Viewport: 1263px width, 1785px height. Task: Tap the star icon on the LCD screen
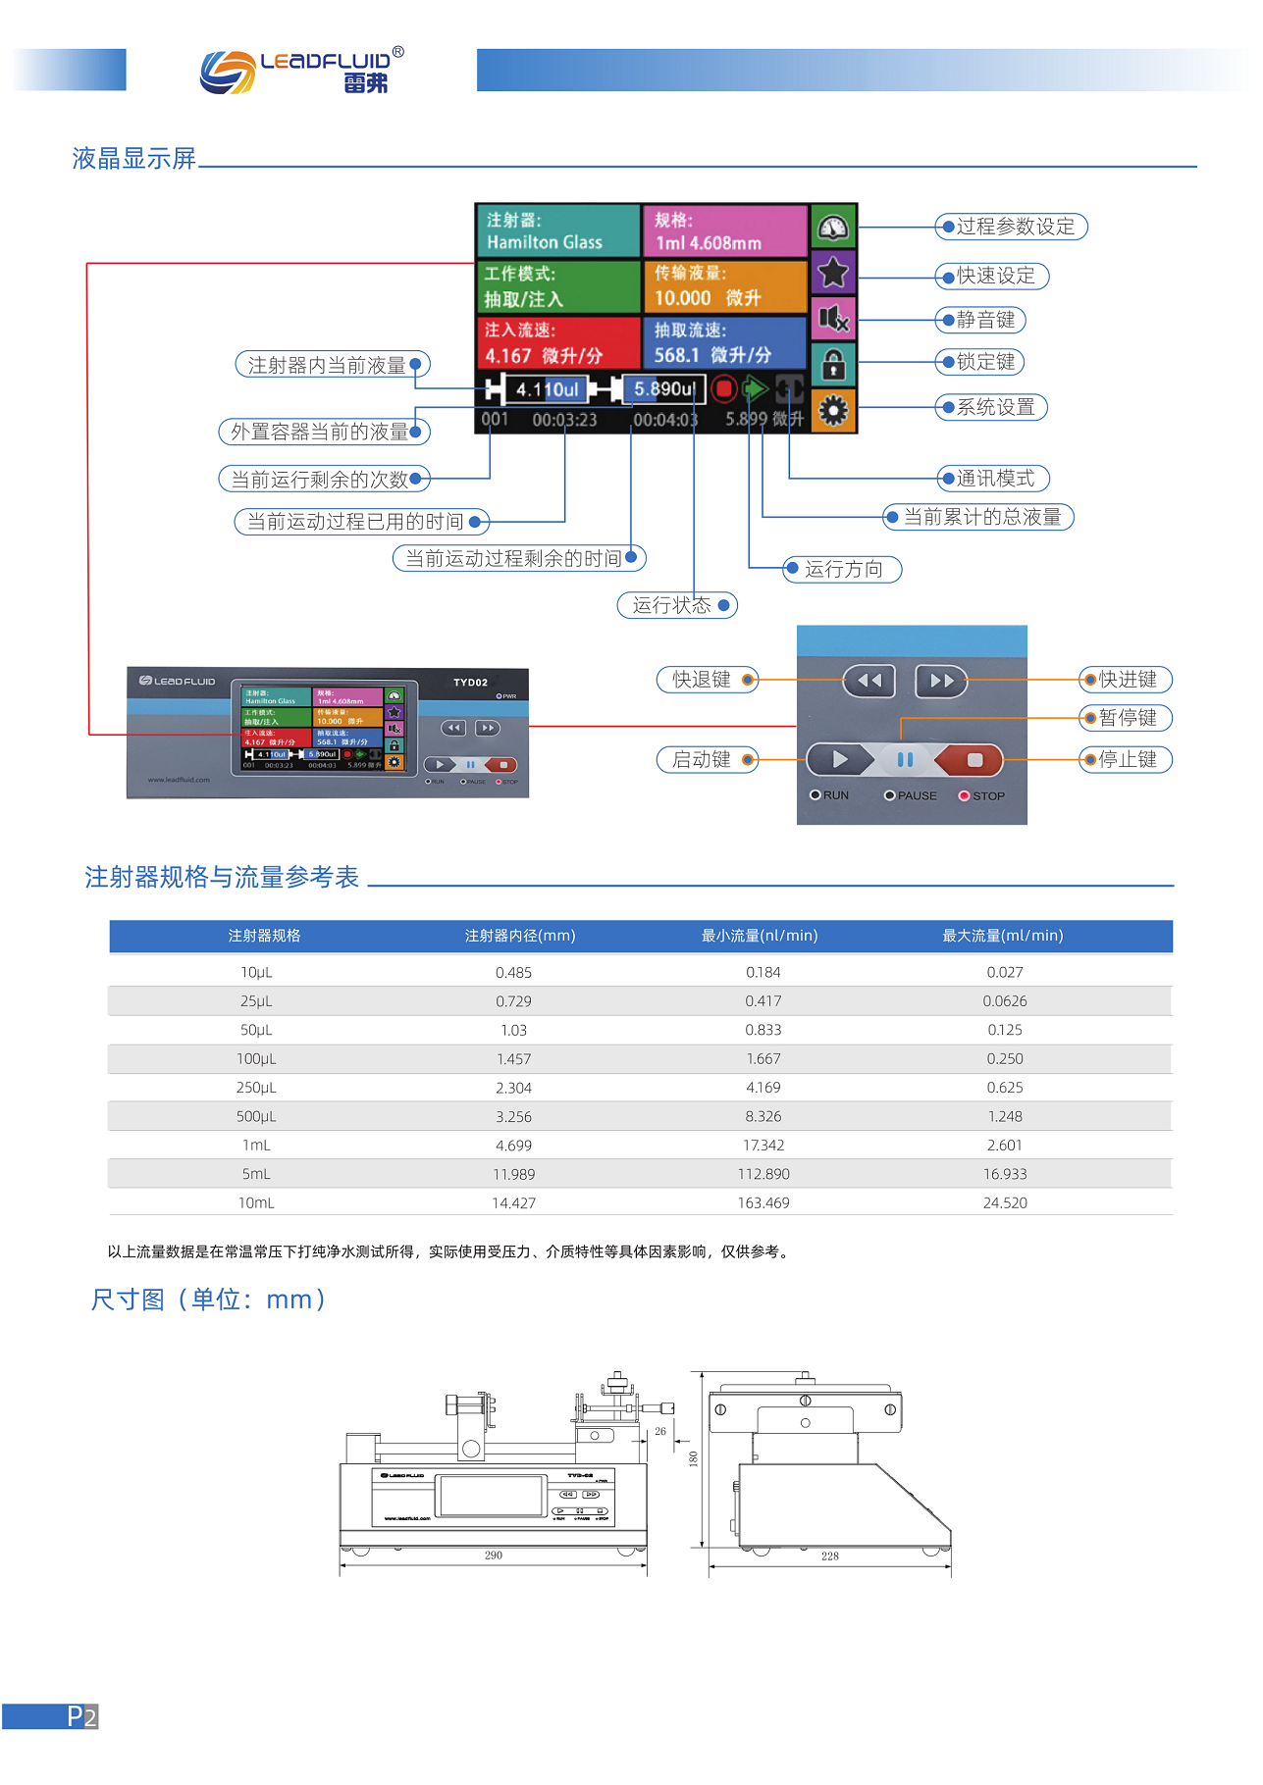coord(833,272)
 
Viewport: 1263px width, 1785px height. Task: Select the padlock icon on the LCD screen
coord(833,364)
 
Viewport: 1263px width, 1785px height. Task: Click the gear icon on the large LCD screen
coord(833,410)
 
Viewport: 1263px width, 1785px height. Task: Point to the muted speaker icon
coord(833,318)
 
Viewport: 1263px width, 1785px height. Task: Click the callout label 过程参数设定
coord(1012,227)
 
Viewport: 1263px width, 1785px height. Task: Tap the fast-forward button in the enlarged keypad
coord(941,680)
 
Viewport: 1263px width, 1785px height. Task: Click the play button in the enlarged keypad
coord(839,759)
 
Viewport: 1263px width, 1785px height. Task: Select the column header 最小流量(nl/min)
coord(760,936)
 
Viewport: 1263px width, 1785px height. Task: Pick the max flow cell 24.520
coord(1005,1202)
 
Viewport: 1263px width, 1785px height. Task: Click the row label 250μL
coord(256,1088)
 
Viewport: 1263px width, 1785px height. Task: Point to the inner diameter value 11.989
coord(513,1174)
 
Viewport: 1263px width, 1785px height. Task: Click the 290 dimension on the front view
coord(493,1555)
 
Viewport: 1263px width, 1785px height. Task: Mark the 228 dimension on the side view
coord(830,1556)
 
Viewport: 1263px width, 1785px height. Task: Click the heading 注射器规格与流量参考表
coord(222,877)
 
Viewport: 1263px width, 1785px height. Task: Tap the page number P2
coord(81,1716)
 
